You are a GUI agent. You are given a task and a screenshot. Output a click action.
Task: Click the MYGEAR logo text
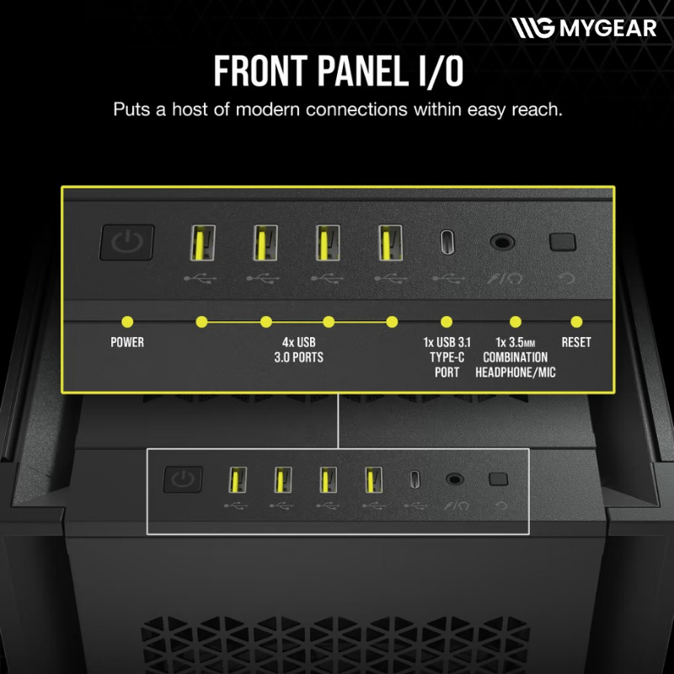tap(608, 28)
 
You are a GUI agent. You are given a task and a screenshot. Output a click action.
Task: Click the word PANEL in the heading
tap(363, 71)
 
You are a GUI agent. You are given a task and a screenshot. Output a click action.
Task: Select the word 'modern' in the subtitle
tap(267, 110)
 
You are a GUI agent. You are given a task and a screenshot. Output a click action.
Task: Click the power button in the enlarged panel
tap(127, 243)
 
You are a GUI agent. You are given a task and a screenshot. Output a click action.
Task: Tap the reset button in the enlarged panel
tap(563, 242)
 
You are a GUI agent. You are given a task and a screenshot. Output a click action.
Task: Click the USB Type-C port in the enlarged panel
tap(447, 243)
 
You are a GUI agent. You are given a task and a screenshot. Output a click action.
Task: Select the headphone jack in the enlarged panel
tap(502, 242)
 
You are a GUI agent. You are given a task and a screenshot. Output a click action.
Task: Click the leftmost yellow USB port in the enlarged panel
tap(203, 243)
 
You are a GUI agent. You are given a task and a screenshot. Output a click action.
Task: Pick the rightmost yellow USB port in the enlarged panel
tap(391, 243)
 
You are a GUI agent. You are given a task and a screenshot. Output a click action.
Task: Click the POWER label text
tap(127, 342)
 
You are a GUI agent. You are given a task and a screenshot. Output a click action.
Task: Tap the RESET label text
tap(576, 342)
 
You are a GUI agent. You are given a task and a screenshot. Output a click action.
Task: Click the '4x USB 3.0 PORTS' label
tap(299, 350)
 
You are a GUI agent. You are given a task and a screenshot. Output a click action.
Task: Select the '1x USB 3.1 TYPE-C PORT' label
tap(447, 357)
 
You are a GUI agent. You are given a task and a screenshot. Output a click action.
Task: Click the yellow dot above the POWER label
tap(127, 322)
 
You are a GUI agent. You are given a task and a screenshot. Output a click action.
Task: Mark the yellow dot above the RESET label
tap(576, 322)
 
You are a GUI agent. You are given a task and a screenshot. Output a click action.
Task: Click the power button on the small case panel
tap(183, 479)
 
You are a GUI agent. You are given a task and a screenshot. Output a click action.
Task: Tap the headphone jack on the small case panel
tap(454, 479)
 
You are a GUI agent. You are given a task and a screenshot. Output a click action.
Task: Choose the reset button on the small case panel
tap(499, 479)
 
